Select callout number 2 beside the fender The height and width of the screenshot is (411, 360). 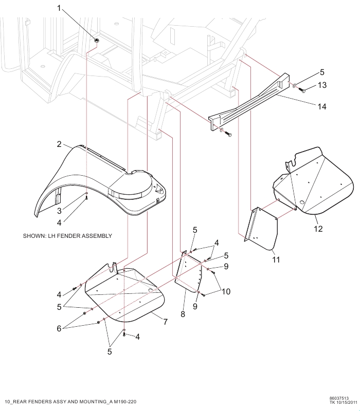click(x=59, y=144)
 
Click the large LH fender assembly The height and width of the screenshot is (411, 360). click(x=103, y=185)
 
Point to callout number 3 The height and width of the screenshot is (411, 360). click(x=60, y=211)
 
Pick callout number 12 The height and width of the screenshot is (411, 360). click(x=318, y=229)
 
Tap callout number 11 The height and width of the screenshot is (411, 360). click(x=276, y=260)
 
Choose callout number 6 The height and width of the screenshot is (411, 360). click(x=59, y=328)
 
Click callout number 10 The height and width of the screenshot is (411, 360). click(x=226, y=291)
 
